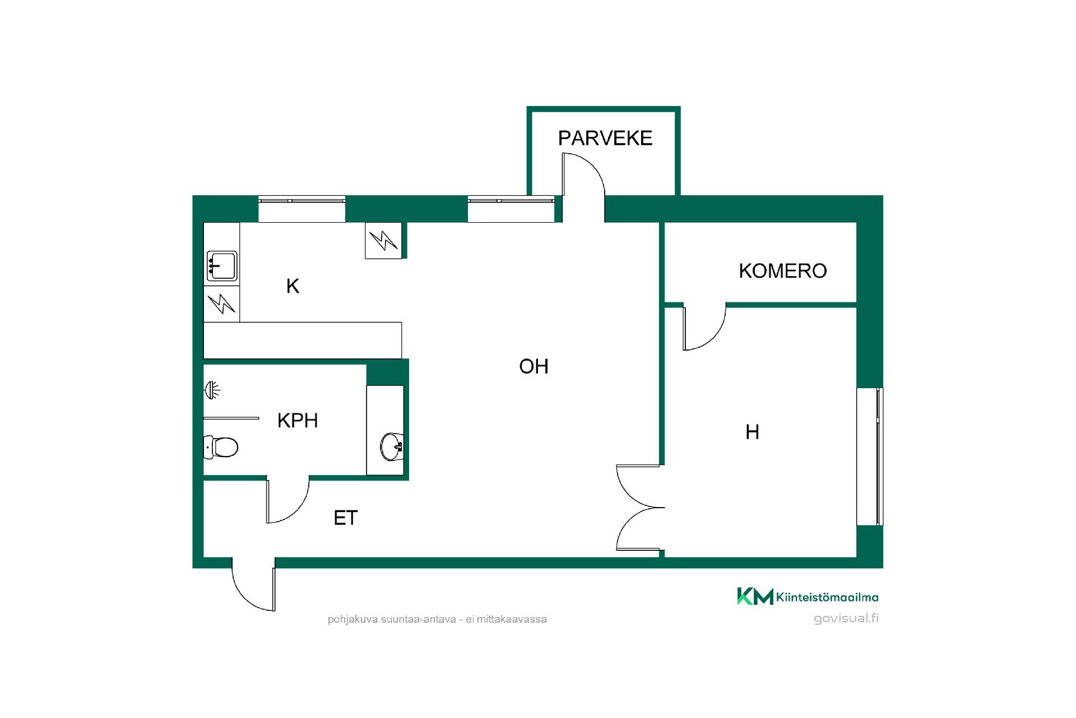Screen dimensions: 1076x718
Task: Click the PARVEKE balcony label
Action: (x=605, y=138)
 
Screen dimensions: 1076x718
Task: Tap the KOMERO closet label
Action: (x=783, y=271)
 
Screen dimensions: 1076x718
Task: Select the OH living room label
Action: (x=534, y=366)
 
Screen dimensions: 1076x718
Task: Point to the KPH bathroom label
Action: (x=298, y=420)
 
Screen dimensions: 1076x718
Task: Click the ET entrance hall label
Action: (x=345, y=518)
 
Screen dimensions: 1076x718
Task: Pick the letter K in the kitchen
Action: (x=293, y=286)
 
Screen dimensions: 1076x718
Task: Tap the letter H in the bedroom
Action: (x=752, y=432)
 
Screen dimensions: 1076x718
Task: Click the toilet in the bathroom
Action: (x=221, y=447)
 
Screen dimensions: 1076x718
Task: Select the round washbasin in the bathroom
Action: (x=391, y=447)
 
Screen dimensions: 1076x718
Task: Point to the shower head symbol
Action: (x=212, y=390)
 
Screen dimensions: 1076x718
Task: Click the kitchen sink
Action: (x=222, y=266)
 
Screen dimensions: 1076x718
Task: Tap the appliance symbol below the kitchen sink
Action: (x=221, y=304)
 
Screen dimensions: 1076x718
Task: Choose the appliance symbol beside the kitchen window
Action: (x=383, y=241)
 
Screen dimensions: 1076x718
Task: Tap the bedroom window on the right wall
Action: (x=870, y=457)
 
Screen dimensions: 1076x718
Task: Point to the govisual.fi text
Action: (x=846, y=618)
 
